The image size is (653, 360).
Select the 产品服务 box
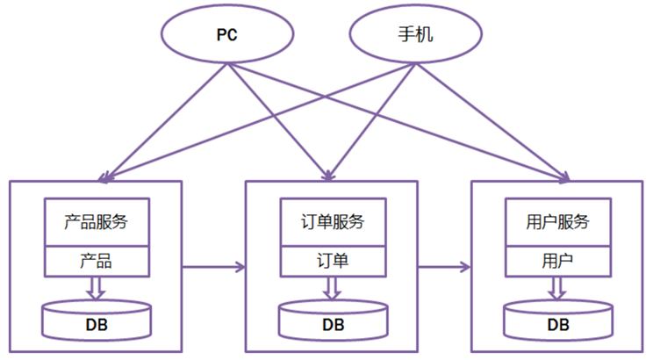[97, 222]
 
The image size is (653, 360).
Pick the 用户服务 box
[558, 222]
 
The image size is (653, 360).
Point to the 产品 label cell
[97, 261]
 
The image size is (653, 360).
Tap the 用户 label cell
[558, 261]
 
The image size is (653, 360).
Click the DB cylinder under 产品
[97, 321]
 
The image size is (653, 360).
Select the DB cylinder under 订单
[333, 321]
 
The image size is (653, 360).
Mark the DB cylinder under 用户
[558, 321]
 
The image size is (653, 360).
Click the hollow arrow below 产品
[97, 288]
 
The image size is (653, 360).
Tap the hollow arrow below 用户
[558, 288]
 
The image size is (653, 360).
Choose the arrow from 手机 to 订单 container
[373, 123]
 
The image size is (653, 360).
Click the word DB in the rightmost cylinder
[558, 325]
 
